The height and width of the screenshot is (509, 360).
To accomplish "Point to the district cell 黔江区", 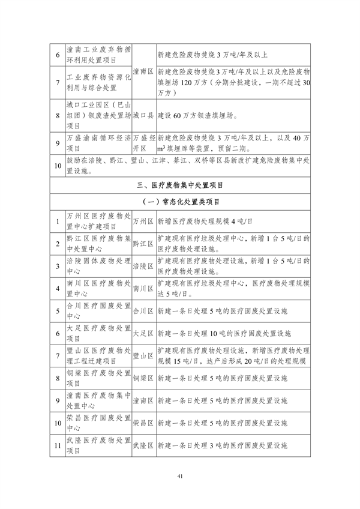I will coord(143,244).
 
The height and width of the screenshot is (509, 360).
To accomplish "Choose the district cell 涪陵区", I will coord(143,266).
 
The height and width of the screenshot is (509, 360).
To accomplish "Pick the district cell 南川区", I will coord(143,288).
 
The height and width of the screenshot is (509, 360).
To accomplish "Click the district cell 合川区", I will coord(143,311).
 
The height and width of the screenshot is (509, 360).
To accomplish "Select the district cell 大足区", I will coord(143,333).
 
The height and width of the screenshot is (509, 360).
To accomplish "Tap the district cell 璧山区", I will coord(143,355).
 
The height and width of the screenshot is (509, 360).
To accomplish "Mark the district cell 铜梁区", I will coord(143,378).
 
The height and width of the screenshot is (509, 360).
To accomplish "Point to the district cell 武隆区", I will coord(143,446).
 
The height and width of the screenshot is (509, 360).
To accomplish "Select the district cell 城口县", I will coord(143,117).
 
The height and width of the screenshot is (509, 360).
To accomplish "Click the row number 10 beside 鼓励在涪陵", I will coord(58,165).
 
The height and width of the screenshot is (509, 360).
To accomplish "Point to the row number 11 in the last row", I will coord(58,446).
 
